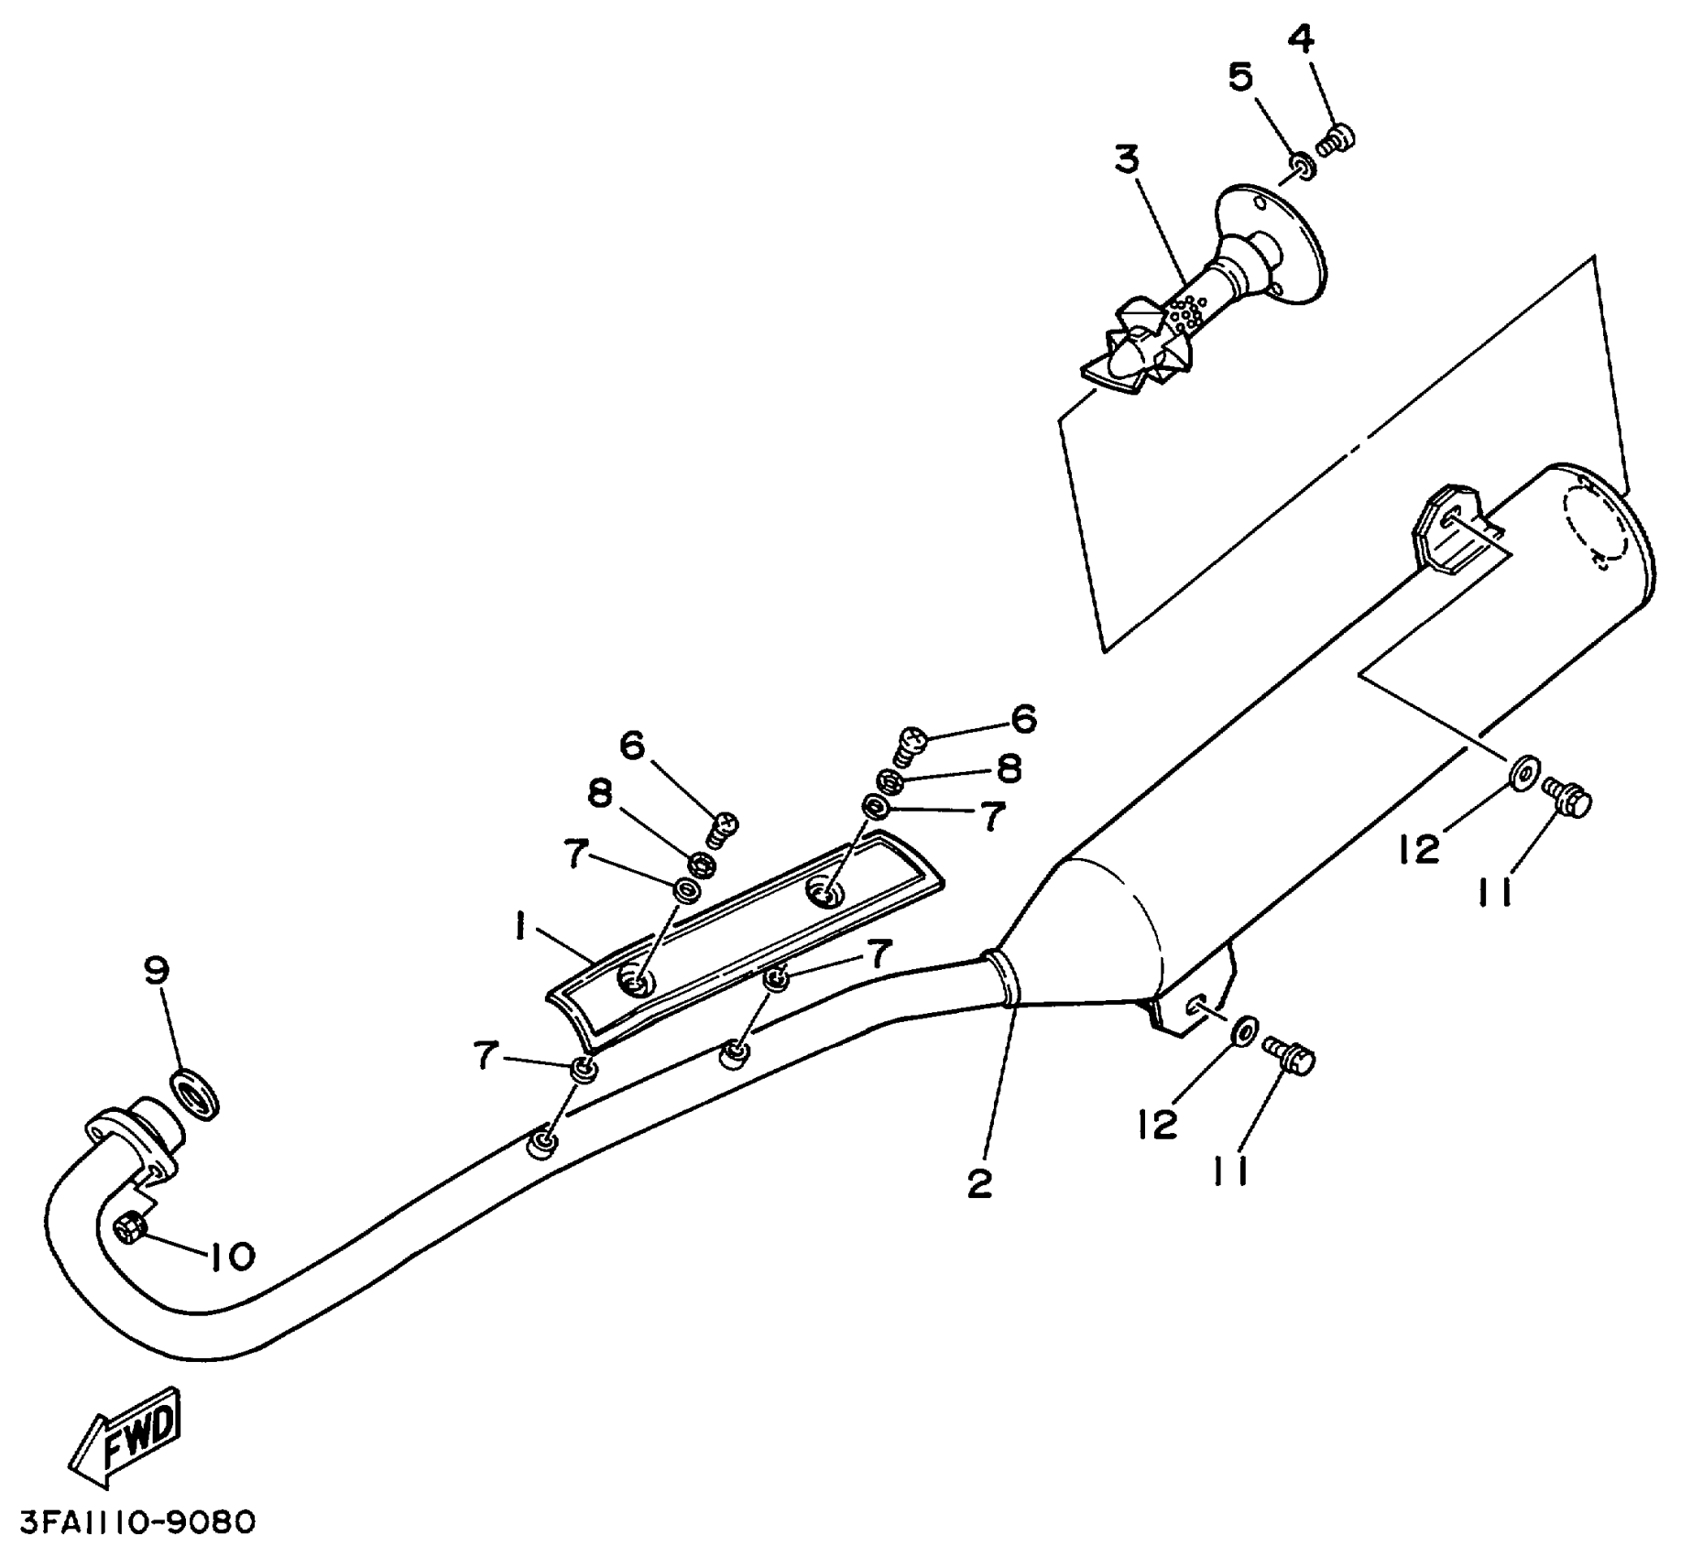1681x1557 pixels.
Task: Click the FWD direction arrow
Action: (x=126, y=1437)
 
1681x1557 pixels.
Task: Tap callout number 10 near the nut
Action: (x=231, y=1257)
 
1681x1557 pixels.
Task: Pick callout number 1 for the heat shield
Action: (x=518, y=931)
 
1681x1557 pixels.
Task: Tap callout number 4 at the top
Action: (x=1301, y=38)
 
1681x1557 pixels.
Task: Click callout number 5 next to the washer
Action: (x=1240, y=78)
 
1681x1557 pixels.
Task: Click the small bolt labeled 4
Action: (x=1337, y=140)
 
